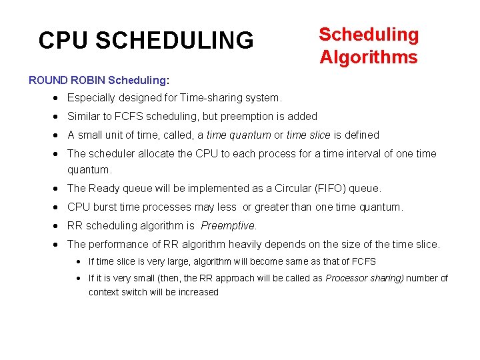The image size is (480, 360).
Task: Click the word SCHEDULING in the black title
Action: tap(175, 41)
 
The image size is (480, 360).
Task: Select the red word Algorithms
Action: tap(369, 57)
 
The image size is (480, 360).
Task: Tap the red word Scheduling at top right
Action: tap(369, 35)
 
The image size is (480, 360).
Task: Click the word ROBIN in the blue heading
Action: tap(86, 80)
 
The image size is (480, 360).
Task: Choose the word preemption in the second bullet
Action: tap(248, 116)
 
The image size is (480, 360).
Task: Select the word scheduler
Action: tap(111, 153)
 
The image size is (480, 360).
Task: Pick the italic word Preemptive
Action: tap(228, 225)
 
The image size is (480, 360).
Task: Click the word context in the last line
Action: tap(105, 292)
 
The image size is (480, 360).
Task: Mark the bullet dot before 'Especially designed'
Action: tap(57, 98)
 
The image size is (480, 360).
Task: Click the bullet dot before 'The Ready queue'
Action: tap(57, 188)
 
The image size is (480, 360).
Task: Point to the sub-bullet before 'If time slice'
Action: tap(79, 261)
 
